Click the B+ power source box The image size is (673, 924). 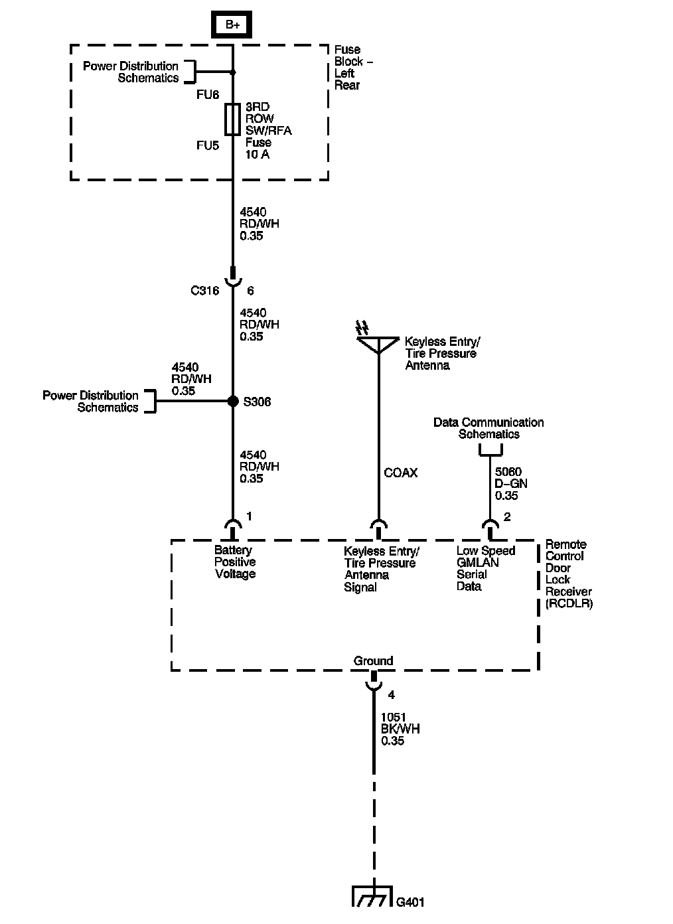pos(232,25)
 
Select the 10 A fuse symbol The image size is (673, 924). pos(232,119)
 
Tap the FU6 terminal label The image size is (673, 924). pos(208,94)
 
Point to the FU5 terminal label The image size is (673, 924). pos(208,145)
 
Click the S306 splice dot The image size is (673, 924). pos(233,401)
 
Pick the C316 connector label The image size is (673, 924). pos(204,291)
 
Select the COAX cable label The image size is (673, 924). pos(400,473)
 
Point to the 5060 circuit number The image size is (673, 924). pos(508,471)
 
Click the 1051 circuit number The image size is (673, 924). pos(394,717)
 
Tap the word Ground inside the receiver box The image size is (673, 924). pos(373,661)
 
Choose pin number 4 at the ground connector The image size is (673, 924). pos(392,695)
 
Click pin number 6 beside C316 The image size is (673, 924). pos(250,291)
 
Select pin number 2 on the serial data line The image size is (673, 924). pos(507,517)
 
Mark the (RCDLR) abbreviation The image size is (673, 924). pos(569,604)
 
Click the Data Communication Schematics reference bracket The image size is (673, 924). pos(490,449)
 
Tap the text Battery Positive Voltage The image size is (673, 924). pos(235,562)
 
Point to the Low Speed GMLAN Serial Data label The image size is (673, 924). pos(486,568)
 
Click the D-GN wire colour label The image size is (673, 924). pos(511,483)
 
